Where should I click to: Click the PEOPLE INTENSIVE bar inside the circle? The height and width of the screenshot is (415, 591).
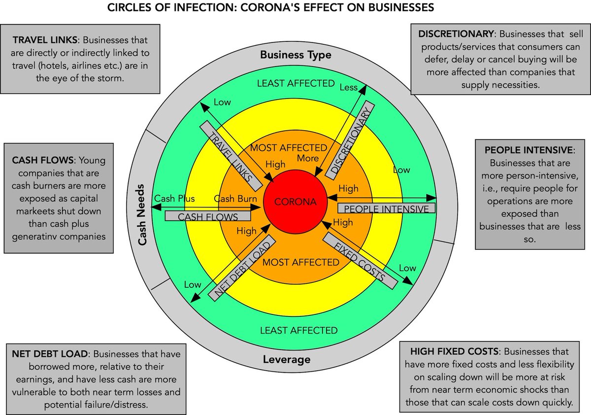click(x=386, y=208)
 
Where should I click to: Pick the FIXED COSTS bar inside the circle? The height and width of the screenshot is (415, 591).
click(x=360, y=259)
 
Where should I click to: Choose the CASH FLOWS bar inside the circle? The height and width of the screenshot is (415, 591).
click(x=207, y=216)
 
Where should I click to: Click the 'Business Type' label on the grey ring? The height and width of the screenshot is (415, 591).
click(x=295, y=55)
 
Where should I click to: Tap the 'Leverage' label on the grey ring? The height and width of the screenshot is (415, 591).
click(x=293, y=359)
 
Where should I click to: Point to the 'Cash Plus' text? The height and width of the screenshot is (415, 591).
click(x=174, y=199)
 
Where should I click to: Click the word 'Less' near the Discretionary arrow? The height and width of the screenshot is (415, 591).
click(x=348, y=87)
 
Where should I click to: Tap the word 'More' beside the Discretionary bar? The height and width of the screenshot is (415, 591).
click(x=308, y=158)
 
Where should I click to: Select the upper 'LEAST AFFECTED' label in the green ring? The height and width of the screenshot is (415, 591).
click(x=295, y=83)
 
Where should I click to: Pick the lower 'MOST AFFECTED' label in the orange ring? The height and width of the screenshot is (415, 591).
click(x=300, y=262)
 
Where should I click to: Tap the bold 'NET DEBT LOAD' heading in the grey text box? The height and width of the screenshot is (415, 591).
click(x=48, y=354)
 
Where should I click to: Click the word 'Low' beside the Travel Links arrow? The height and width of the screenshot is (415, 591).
click(x=222, y=102)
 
